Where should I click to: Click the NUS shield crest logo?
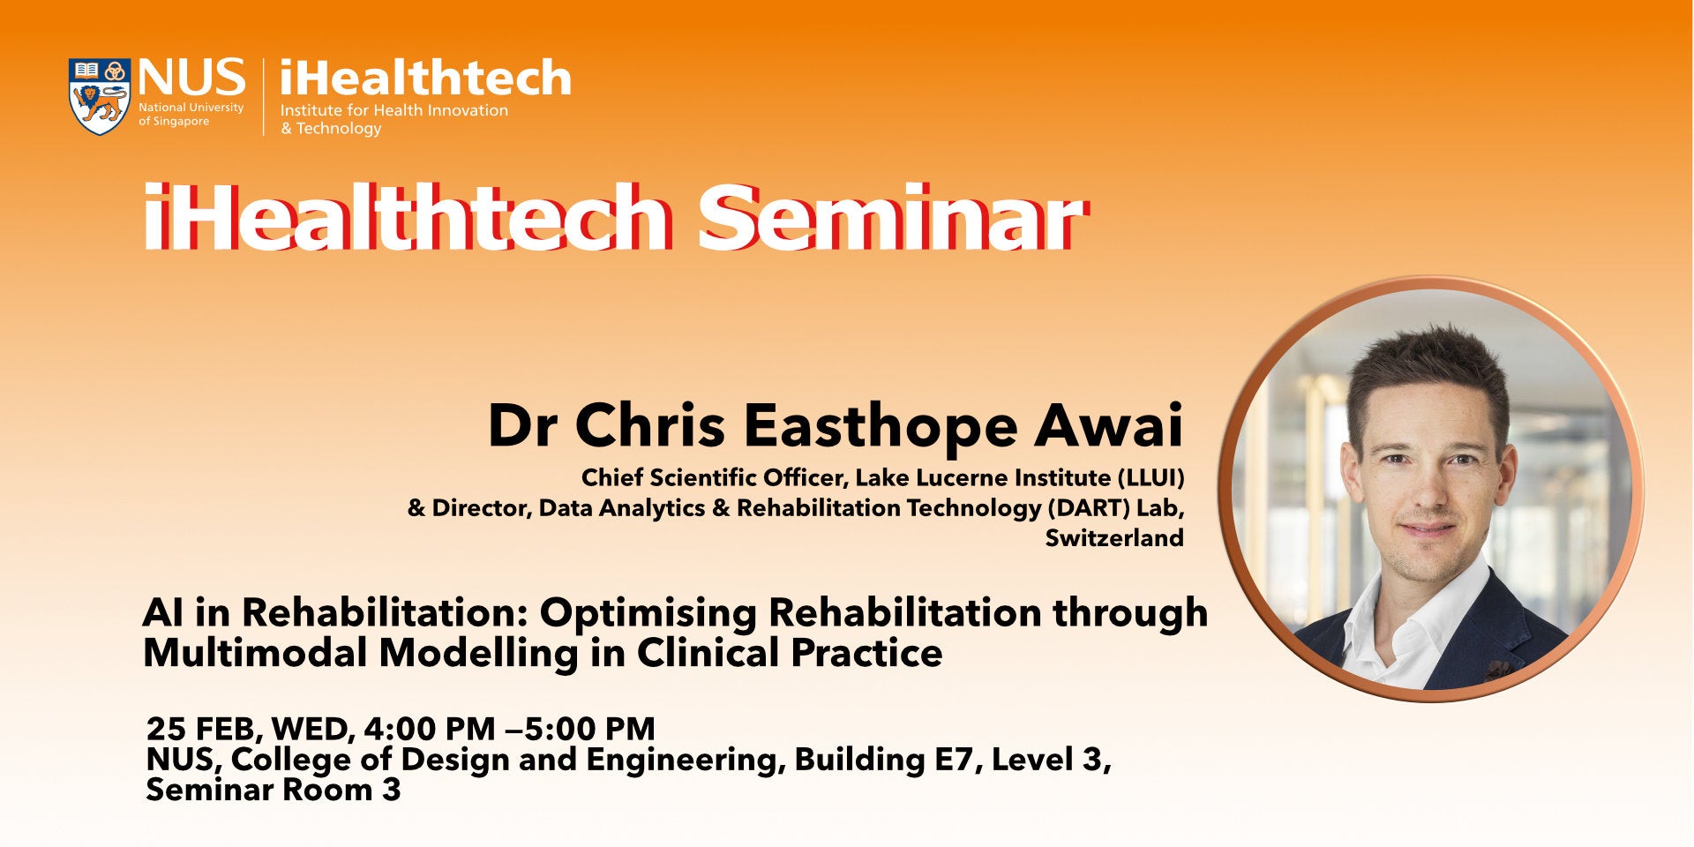tap(100, 96)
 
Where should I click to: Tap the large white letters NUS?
tap(191, 78)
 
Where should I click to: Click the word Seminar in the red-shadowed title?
tap(890, 217)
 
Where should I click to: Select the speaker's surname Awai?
tap(1109, 425)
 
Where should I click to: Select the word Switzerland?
tap(1114, 538)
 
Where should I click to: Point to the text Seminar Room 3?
tap(274, 790)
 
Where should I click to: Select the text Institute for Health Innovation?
tap(394, 110)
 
